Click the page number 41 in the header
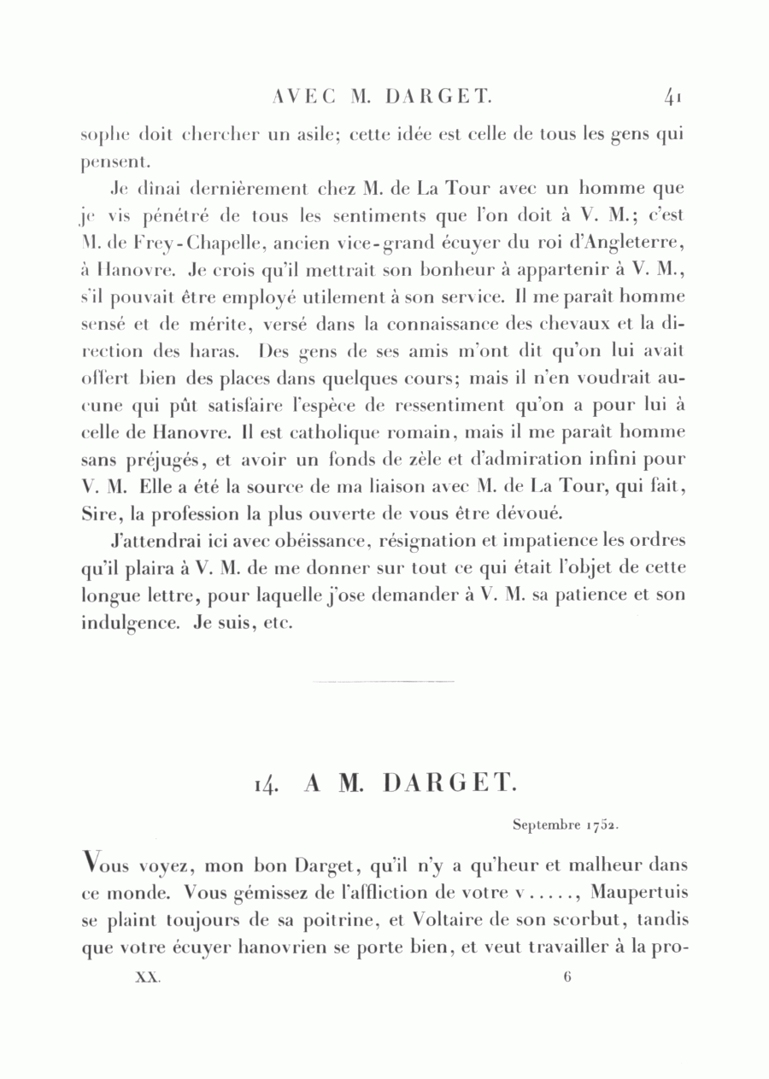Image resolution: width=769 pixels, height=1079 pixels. pos(672,97)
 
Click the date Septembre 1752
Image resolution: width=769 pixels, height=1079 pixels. pos(566,825)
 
